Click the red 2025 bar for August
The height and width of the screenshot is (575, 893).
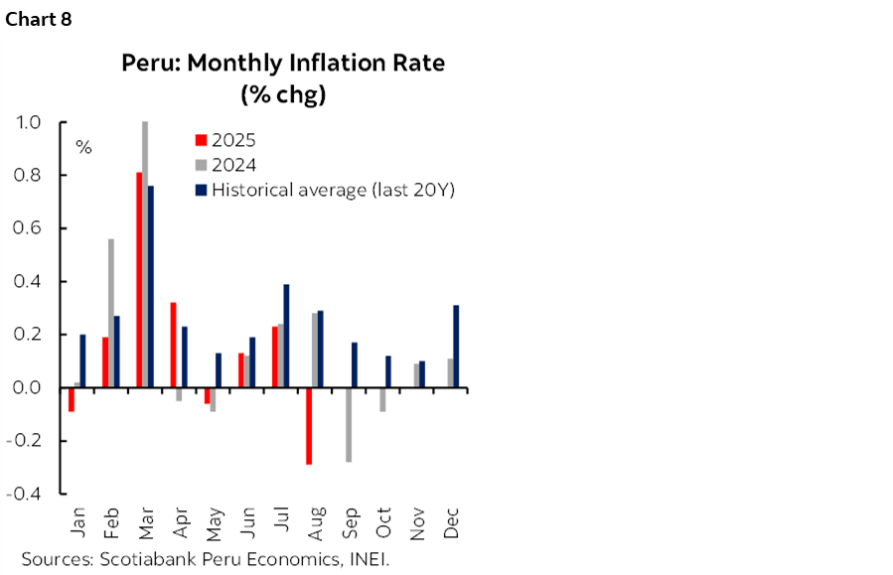tap(309, 425)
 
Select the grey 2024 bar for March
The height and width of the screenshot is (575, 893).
tap(145, 254)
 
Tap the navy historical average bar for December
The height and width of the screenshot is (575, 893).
tap(456, 347)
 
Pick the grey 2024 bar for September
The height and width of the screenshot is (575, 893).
tap(349, 424)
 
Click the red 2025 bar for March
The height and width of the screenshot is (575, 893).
tap(139, 280)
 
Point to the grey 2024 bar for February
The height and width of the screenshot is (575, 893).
tap(111, 313)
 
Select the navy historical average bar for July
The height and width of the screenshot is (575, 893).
tap(286, 336)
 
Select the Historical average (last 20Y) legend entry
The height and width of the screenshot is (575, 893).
tap(323, 190)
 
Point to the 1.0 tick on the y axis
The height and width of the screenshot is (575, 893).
tap(28, 122)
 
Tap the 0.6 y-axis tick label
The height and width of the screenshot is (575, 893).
tap(28, 228)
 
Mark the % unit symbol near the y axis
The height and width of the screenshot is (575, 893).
tap(83, 148)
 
